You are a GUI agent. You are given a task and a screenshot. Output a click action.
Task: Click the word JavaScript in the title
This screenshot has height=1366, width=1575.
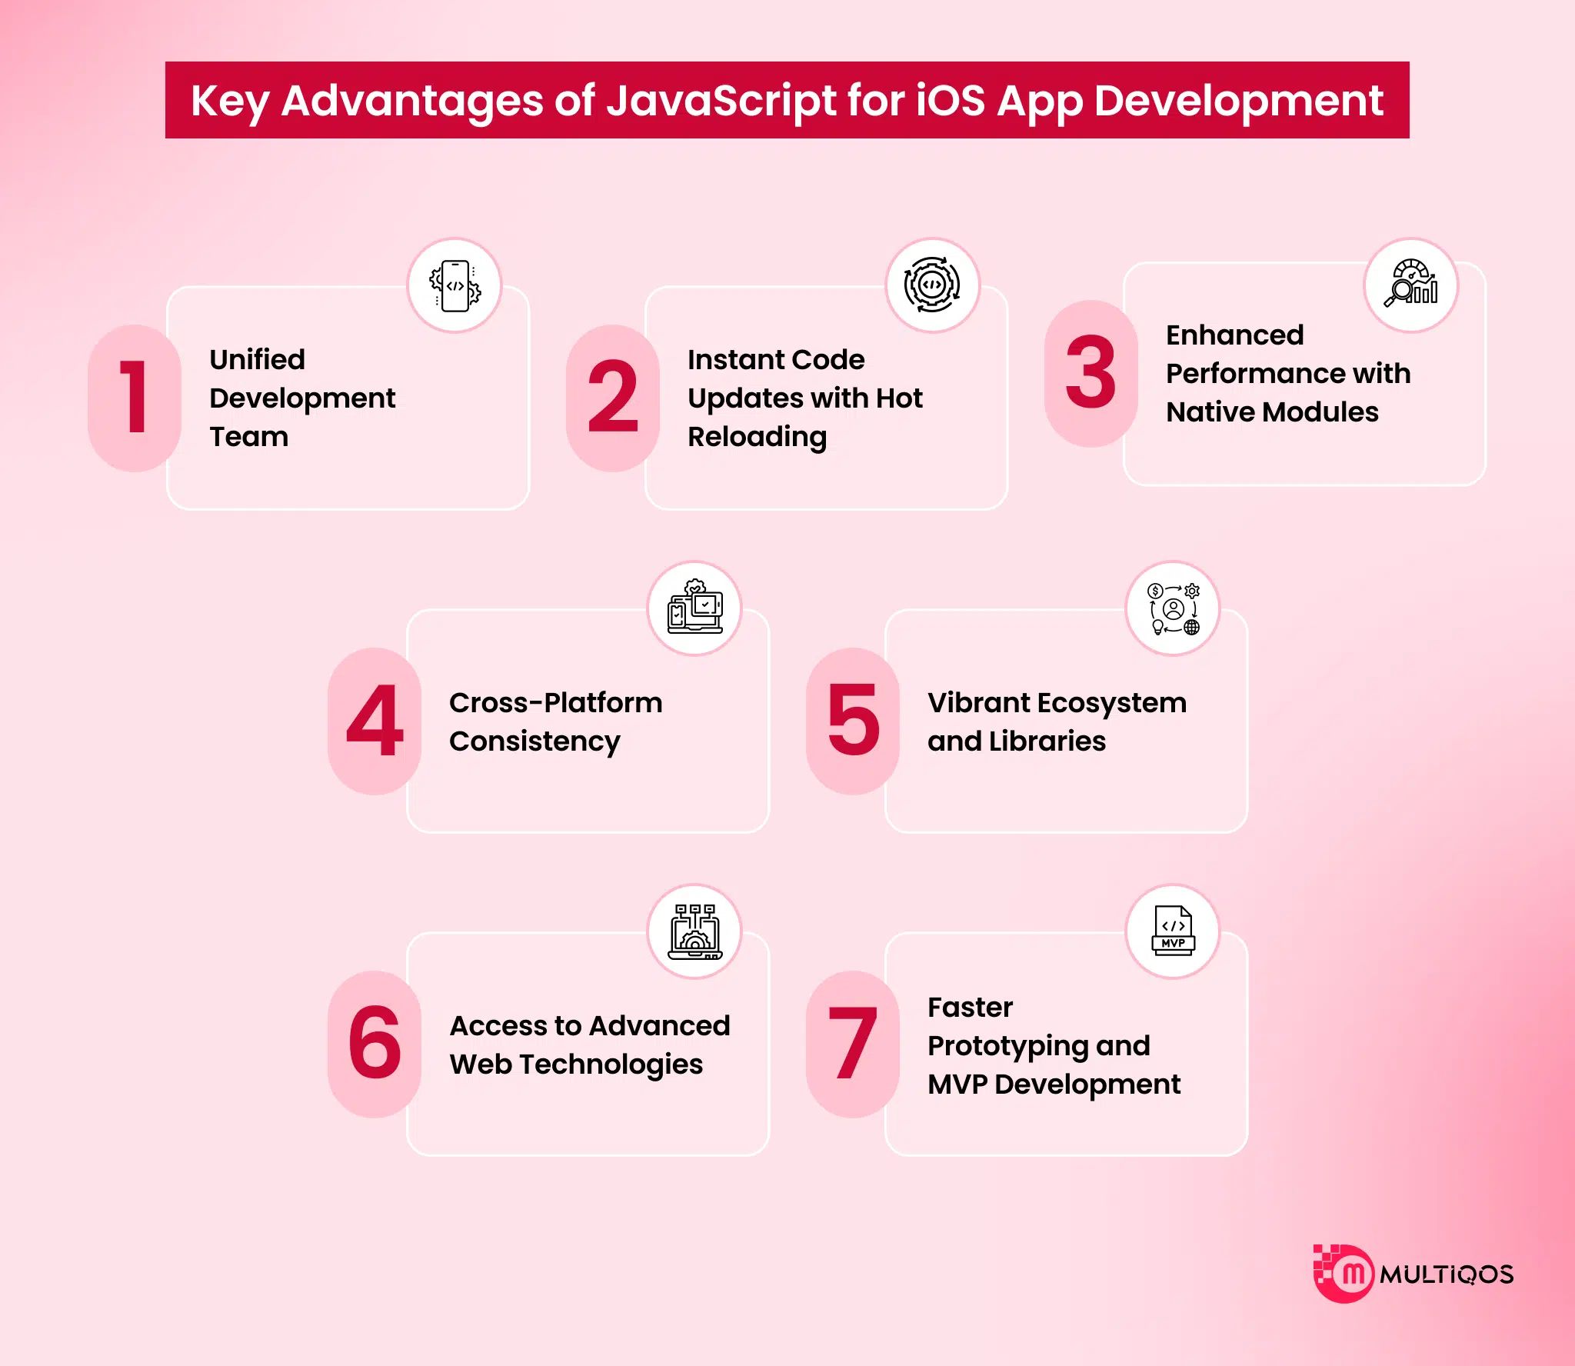coord(721,102)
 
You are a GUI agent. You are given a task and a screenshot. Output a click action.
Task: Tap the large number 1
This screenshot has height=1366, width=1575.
coord(134,397)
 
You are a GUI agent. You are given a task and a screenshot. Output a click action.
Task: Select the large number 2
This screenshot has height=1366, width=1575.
coord(613,397)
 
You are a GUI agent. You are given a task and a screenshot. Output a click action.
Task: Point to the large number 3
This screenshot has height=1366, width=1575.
coord(1091,373)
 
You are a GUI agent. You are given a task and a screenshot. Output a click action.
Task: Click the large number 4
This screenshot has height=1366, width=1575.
coord(375,721)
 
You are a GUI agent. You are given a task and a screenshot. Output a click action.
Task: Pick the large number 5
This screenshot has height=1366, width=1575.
coord(853,721)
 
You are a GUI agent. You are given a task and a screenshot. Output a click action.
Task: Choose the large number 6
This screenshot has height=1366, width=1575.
coord(375,1044)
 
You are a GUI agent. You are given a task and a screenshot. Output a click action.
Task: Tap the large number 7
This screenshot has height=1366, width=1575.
coord(853,1044)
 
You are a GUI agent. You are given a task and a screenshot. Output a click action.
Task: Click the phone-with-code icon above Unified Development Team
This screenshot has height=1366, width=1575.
coord(455,286)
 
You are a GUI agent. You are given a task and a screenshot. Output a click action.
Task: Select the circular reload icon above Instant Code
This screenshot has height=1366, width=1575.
coord(932,285)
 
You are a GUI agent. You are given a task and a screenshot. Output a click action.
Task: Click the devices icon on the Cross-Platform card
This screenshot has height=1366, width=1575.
coord(694,608)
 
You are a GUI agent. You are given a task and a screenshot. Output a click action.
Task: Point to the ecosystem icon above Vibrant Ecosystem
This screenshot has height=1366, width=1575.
coord(1173,608)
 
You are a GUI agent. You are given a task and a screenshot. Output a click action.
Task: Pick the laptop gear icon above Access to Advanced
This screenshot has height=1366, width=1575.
coord(694,931)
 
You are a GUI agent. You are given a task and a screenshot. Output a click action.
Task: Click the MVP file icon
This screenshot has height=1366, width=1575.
coord(1173,931)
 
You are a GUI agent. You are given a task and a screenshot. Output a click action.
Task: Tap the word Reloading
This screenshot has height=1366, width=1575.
coord(757,437)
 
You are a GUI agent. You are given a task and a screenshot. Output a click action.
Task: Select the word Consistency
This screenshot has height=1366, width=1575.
coord(534,741)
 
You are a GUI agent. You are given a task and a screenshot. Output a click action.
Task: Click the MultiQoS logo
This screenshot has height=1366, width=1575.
coord(1414,1274)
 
